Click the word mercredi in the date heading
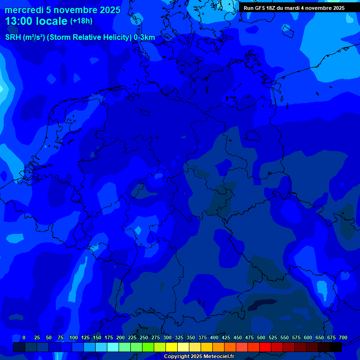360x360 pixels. coord(24,10)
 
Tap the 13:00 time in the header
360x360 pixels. coord(18,21)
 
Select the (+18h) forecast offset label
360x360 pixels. coord(81,21)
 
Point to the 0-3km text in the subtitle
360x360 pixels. coord(144,37)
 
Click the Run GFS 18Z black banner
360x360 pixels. coord(294,8)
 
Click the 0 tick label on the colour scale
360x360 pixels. coord(24,338)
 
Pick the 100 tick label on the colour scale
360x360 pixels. coord(74,338)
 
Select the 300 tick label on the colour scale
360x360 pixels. coord(167,338)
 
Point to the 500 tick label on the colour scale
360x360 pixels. coord(261,338)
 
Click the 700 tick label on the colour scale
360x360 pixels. coord(343,338)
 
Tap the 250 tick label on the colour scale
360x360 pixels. coord(144,338)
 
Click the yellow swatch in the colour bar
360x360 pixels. coord(172,347)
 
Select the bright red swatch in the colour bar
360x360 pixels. coord(265,347)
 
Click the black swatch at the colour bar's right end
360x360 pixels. coord(336,347)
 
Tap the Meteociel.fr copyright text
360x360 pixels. coord(199,357)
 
